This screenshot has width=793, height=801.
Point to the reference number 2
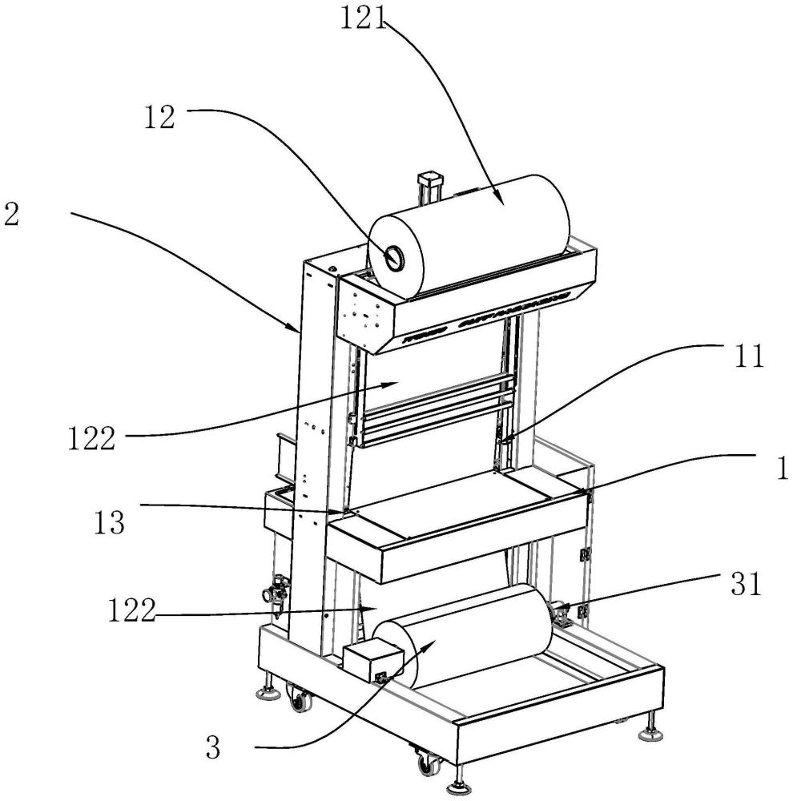pos(11,215)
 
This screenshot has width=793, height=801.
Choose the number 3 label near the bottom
pos(213,748)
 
